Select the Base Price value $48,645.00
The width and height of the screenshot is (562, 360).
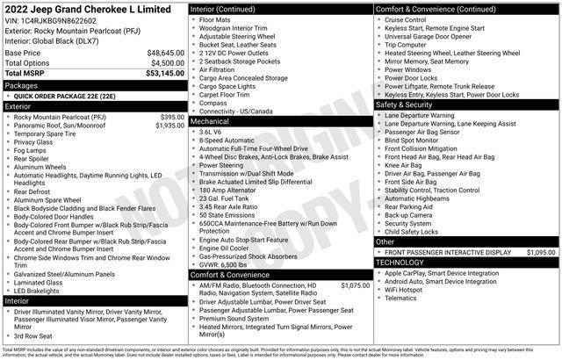pyautogui.click(x=165, y=53)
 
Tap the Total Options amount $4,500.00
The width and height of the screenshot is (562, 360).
pyautogui.click(x=167, y=63)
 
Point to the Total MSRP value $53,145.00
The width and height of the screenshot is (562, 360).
pyautogui.click(x=165, y=74)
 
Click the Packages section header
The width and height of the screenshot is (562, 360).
pyautogui.click(x=22, y=85)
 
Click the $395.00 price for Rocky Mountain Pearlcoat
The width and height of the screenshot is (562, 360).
pyautogui.click(x=172, y=116)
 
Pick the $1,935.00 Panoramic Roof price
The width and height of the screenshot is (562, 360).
pyautogui.click(x=170, y=125)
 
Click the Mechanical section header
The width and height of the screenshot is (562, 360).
pyautogui.click(x=211, y=121)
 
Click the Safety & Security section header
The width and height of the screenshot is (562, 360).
pyautogui.click(x=407, y=104)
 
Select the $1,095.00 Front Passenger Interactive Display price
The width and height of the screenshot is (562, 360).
pyautogui.click(x=540, y=252)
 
